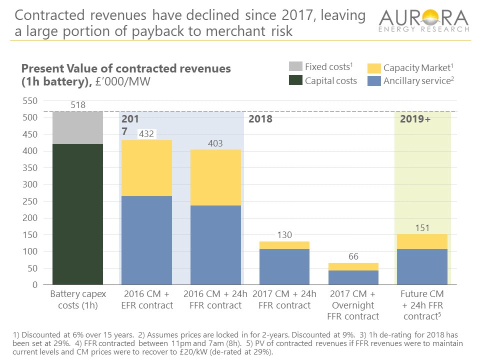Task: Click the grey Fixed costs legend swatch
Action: click(x=295, y=67)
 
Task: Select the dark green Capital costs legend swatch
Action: click(x=295, y=80)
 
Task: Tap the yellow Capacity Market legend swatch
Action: click(x=373, y=67)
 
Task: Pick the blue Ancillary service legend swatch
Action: click(x=373, y=81)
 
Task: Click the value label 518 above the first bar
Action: click(x=78, y=105)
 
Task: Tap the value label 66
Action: click(x=354, y=256)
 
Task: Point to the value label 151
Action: click(x=422, y=228)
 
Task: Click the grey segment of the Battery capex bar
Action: click(x=78, y=127)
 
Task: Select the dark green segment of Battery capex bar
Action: click(x=78, y=215)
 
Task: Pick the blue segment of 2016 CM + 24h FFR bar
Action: click(x=215, y=245)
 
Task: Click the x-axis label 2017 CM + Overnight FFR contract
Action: click(x=353, y=304)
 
